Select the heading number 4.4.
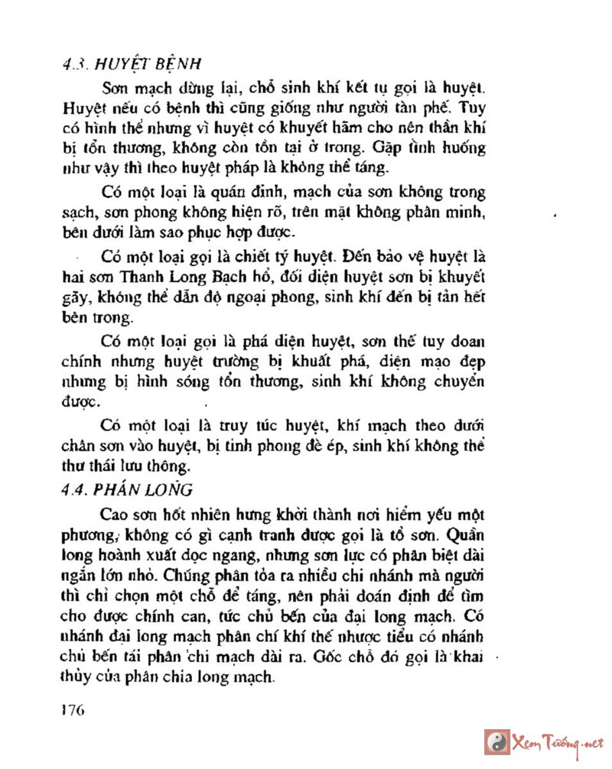(x=77, y=488)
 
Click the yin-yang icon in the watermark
(x=497, y=742)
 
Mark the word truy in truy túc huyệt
(x=223, y=425)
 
